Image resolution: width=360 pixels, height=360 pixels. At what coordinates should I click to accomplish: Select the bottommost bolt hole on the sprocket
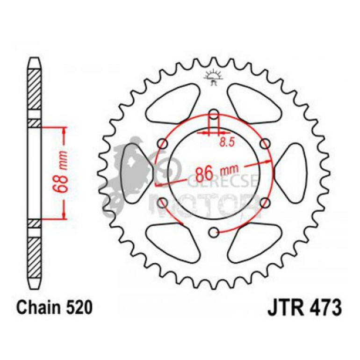[x=214, y=231]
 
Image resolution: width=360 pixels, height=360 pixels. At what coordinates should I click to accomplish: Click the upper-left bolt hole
[x=163, y=143]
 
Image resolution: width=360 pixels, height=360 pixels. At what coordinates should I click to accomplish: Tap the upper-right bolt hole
[x=265, y=143]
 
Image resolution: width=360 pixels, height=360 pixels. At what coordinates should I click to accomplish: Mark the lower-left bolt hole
[x=163, y=202]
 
